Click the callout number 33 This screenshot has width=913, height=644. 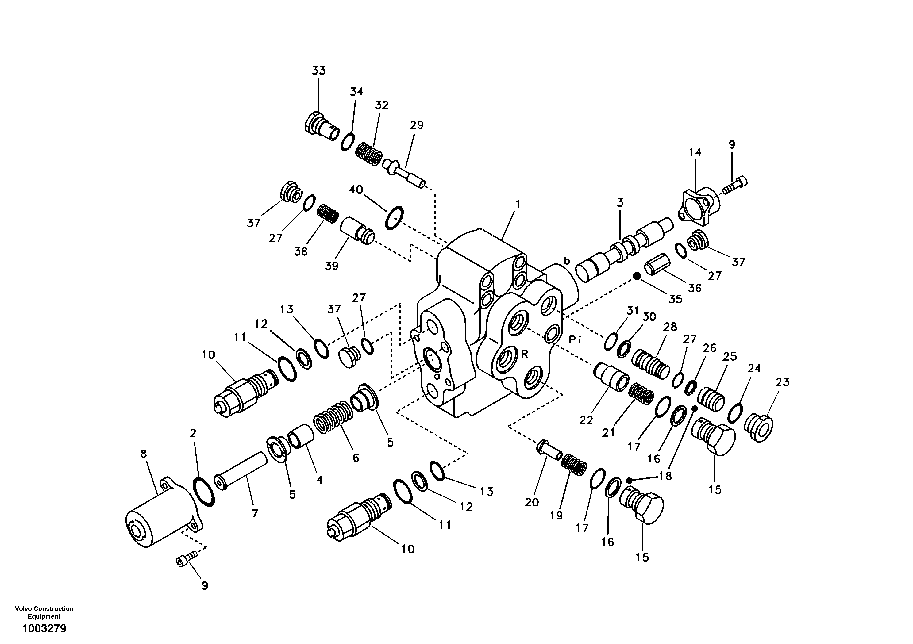(x=318, y=71)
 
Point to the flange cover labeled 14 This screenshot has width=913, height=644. (x=699, y=208)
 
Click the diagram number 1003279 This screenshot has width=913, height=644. (x=44, y=628)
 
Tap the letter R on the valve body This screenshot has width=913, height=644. (x=525, y=354)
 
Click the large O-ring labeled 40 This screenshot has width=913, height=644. (x=395, y=217)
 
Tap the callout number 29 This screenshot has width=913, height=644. (x=416, y=125)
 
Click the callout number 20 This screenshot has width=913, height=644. (x=531, y=503)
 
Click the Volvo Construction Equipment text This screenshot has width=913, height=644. (x=44, y=612)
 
